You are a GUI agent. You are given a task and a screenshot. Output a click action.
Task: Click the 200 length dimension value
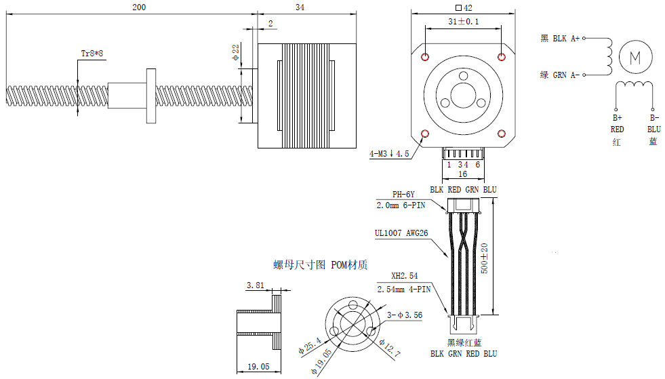138,7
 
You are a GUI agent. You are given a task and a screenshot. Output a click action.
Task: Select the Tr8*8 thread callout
92,53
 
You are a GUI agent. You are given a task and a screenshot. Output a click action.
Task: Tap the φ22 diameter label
236,52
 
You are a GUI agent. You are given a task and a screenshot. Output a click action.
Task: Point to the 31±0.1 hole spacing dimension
464,22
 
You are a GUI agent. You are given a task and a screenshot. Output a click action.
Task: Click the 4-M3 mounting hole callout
389,154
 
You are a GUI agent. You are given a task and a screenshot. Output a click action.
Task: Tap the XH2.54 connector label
405,277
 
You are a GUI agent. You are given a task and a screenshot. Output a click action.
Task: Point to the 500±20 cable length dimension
483,259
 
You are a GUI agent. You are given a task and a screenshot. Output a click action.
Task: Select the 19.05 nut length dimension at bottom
258,366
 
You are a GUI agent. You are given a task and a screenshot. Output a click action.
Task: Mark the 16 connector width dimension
463,174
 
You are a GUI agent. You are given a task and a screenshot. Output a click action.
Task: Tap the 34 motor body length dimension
300,7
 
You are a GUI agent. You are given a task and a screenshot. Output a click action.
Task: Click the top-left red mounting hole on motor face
425,56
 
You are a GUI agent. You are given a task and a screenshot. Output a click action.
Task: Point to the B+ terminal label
617,117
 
